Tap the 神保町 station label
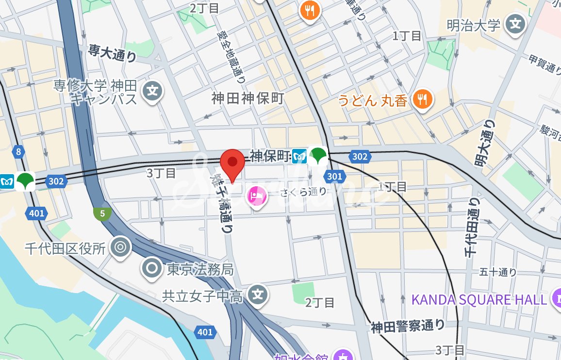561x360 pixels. (x=270, y=156)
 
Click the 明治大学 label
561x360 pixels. (x=473, y=25)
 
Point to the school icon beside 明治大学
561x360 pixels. (x=515, y=23)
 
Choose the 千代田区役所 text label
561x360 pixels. (x=66, y=248)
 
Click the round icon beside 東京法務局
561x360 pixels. (x=152, y=268)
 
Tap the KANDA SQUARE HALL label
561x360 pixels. (x=479, y=299)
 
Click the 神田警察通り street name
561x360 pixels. (x=408, y=327)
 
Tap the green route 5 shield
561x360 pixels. (x=102, y=213)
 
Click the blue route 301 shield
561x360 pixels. (x=334, y=176)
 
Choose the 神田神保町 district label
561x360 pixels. (x=247, y=98)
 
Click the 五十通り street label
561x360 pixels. (x=498, y=272)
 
